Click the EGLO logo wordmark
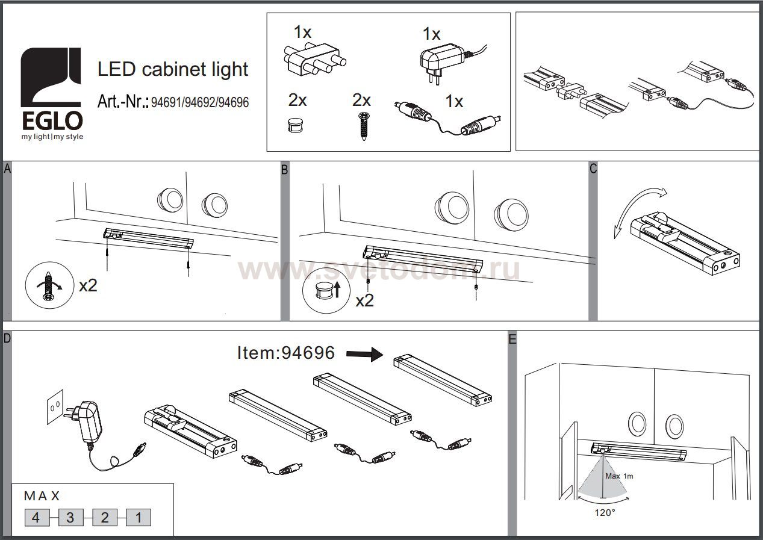tap(52, 121)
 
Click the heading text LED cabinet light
tap(173, 69)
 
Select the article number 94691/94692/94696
tap(200, 102)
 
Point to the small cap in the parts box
tap(295, 125)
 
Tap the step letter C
tap(593, 169)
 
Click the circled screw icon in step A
tap(49, 285)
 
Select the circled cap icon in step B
tap(326, 291)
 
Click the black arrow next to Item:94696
tap(365, 354)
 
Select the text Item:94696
tap(286, 353)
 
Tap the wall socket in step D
tap(55, 406)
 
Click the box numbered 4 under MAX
tap(37, 518)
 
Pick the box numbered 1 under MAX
tap(139, 518)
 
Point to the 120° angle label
tap(605, 513)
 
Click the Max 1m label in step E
tap(619, 476)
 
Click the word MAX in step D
tap(42, 496)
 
